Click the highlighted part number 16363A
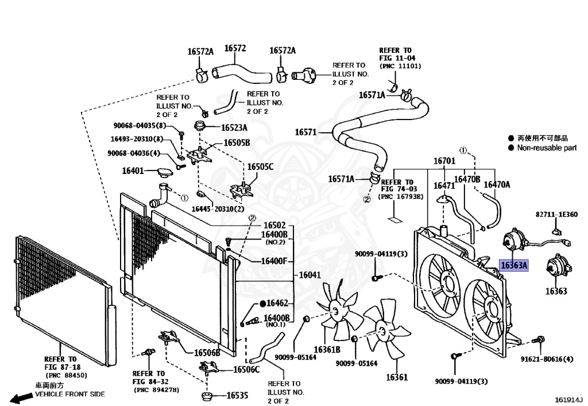click(x=514, y=265)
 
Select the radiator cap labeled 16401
click(x=166, y=173)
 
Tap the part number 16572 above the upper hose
click(x=235, y=48)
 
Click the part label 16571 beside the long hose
click(x=305, y=132)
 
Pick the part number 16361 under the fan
click(x=397, y=377)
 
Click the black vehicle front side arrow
click(x=21, y=398)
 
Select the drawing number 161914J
click(x=569, y=400)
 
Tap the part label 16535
click(x=237, y=395)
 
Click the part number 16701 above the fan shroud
click(x=444, y=161)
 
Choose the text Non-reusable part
click(x=547, y=148)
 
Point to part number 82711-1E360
click(x=556, y=214)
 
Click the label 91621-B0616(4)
click(x=547, y=359)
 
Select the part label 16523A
click(x=234, y=128)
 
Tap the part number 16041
click(x=310, y=275)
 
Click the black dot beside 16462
click(x=262, y=303)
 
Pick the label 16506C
click(x=246, y=370)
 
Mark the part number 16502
click(x=274, y=225)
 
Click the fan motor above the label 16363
click(x=558, y=267)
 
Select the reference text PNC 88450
click(x=67, y=375)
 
